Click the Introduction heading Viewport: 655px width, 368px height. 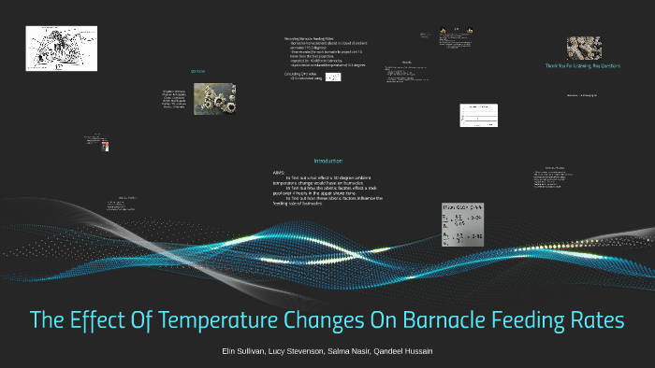327,161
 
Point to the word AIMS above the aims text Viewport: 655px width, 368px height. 278,173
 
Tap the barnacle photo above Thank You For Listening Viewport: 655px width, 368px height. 584,48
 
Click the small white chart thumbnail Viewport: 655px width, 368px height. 475,114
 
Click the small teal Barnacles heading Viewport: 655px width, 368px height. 197,72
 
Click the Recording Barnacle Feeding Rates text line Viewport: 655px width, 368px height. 309,38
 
